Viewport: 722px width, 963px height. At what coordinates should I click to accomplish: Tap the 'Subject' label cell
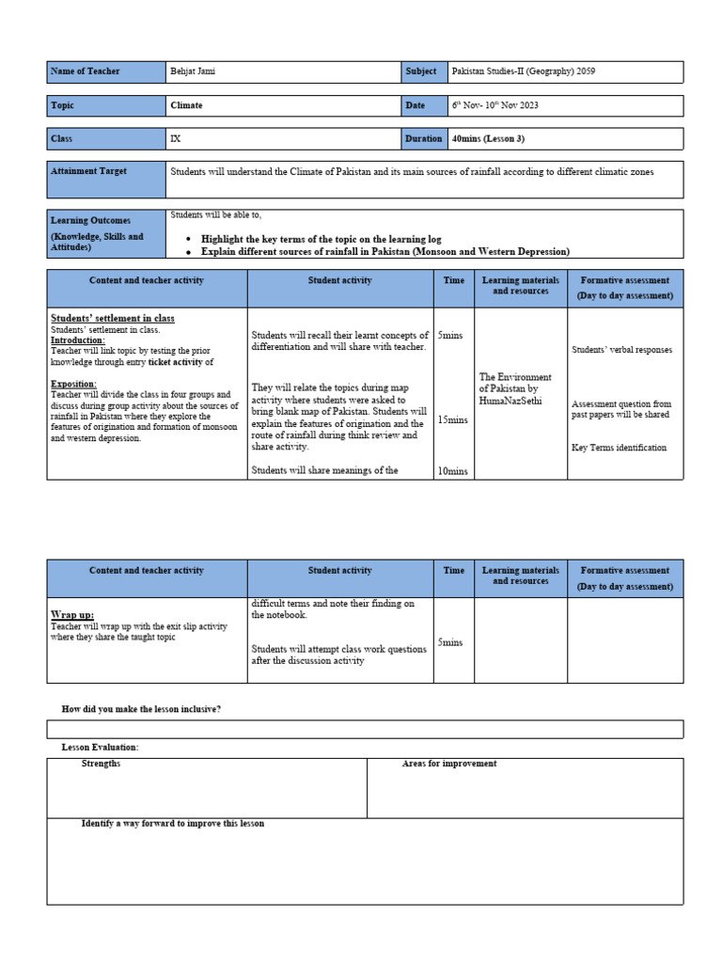(x=421, y=71)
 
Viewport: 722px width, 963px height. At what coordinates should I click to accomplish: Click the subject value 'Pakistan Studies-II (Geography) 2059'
(x=523, y=71)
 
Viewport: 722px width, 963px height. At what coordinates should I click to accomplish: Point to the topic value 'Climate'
(x=186, y=105)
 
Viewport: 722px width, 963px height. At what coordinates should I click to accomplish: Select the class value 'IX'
(x=175, y=138)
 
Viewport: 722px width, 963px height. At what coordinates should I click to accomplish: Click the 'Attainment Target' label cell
(x=89, y=171)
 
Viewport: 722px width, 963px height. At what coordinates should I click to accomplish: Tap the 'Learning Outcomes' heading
(x=90, y=220)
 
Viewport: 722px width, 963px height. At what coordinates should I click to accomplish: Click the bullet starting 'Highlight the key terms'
(x=321, y=240)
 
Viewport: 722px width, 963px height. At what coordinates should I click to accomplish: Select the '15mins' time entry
(x=453, y=419)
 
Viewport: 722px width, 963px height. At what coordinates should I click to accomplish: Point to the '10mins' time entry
(x=453, y=471)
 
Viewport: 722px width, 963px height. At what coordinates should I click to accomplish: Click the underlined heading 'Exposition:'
(x=73, y=384)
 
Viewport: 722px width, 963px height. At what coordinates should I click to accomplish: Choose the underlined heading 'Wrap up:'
(x=72, y=614)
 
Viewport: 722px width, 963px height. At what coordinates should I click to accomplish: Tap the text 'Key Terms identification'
(x=619, y=448)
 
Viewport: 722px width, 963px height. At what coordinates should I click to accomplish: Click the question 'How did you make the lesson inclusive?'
(x=141, y=708)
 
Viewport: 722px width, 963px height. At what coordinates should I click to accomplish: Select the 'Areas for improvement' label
(x=449, y=764)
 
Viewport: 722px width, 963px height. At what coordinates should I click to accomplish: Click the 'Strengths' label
(x=101, y=764)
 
